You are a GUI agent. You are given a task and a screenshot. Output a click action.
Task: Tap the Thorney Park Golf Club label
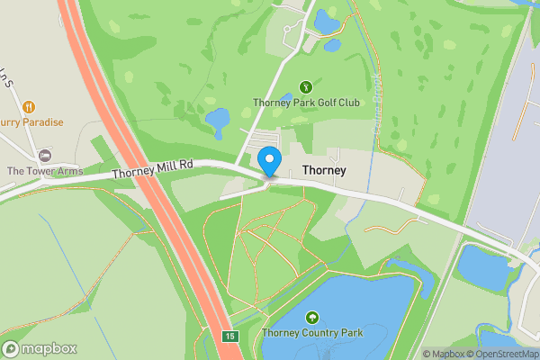click(306, 103)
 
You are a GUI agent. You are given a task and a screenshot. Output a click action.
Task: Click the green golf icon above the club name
click(306, 86)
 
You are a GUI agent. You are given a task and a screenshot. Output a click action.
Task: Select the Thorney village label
click(325, 169)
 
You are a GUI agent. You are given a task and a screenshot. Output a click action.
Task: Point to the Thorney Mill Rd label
click(153, 166)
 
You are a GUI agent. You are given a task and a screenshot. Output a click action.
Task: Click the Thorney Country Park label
click(311, 333)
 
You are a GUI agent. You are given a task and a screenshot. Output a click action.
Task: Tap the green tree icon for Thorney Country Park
click(311, 317)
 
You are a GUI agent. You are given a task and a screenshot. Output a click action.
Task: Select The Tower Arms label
click(44, 171)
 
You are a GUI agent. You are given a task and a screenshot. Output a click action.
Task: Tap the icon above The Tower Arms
click(44, 156)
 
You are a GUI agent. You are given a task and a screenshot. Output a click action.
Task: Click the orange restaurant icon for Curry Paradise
click(28, 107)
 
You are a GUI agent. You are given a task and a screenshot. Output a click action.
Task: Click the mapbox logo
click(40, 348)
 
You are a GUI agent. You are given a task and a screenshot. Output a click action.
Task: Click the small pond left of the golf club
click(218, 119)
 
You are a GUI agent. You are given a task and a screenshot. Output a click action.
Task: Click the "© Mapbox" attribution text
click(444, 354)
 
